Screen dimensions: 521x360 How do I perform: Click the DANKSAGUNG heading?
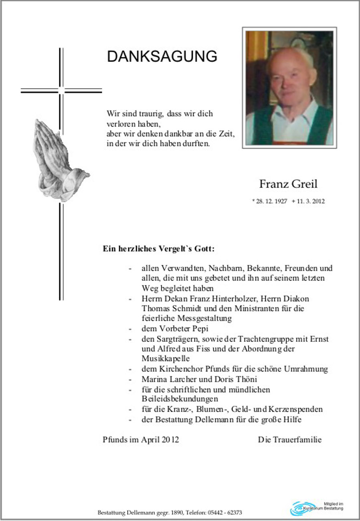tap(162, 57)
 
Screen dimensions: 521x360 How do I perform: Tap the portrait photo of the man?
tap(289, 88)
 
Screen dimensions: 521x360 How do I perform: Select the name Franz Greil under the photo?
tap(288, 184)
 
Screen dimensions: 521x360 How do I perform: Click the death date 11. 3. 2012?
tap(310, 202)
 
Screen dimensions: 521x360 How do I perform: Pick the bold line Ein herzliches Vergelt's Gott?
tap(158, 249)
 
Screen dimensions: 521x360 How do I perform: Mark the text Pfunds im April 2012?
tap(141, 440)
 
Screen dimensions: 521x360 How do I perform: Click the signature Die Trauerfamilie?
tap(289, 440)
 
